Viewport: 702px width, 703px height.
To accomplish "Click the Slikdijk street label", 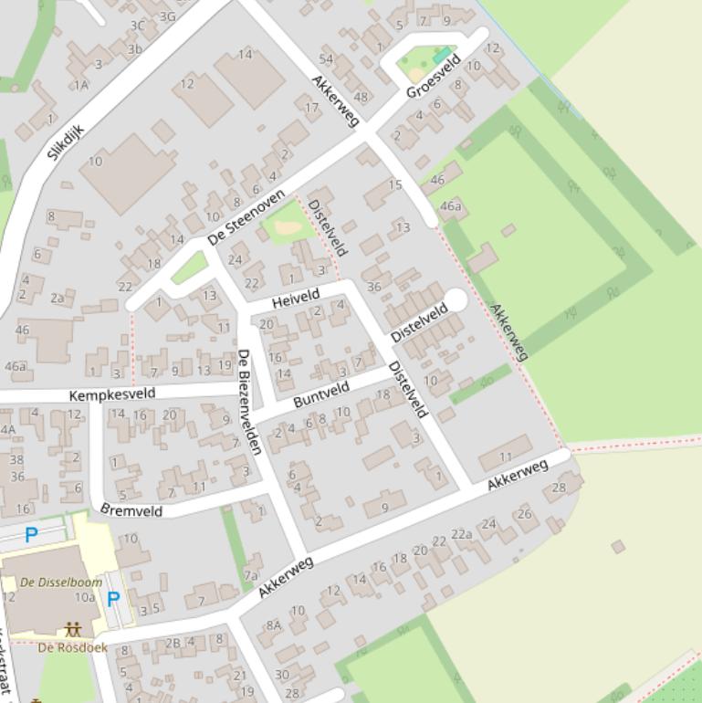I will tap(66, 142).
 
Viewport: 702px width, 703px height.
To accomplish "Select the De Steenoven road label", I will tap(246, 217).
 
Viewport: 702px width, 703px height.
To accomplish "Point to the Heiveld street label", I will tap(296, 298).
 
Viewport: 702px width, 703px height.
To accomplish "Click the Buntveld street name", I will tap(321, 394).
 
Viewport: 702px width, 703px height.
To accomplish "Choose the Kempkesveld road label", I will tap(112, 394).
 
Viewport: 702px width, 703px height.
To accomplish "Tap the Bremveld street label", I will tap(131, 509).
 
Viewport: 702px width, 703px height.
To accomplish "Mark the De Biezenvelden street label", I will tap(249, 402).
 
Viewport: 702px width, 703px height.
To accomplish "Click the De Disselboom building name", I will tap(61, 582).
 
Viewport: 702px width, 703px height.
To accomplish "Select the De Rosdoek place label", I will tap(72, 647).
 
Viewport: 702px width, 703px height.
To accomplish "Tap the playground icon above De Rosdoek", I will tap(72, 630).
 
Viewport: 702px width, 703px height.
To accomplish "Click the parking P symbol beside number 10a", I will tap(113, 599).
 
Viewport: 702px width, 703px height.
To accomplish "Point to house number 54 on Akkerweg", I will tap(326, 60).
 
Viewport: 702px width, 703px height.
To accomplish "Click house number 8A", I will tap(274, 625).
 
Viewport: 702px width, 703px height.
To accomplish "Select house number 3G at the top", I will tap(167, 16).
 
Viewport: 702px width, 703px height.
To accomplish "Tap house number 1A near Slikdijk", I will tap(82, 85).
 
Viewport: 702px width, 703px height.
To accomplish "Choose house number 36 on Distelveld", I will tap(373, 287).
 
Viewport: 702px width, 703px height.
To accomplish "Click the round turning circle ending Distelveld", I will tap(455, 299).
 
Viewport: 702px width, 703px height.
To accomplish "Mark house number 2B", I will tap(173, 643).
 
